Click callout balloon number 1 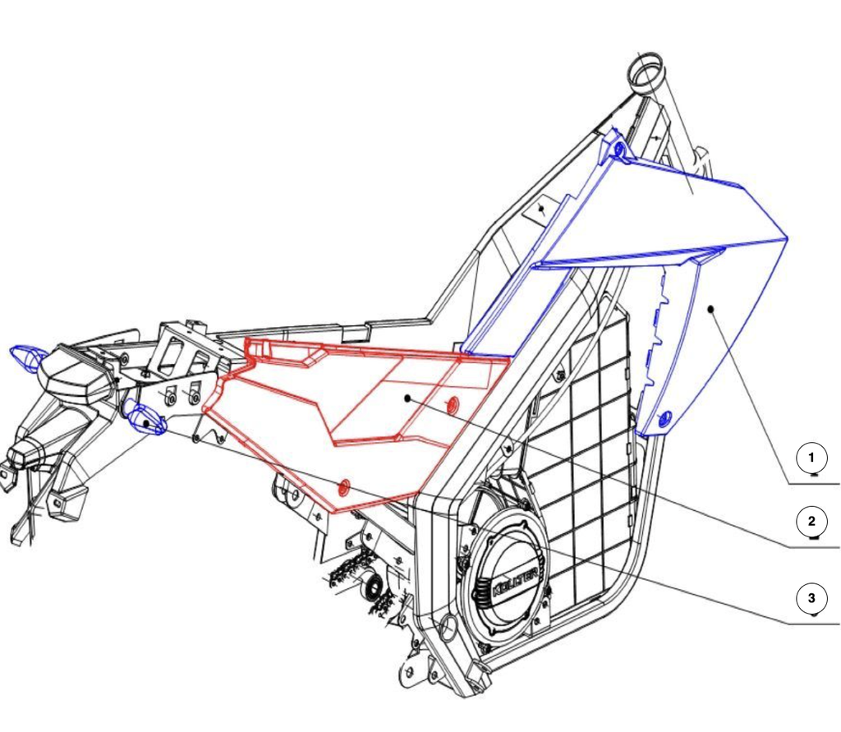[x=811, y=458]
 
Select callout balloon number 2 [x=811, y=521]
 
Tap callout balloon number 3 [x=811, y=598]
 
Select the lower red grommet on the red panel [x=344, y=486]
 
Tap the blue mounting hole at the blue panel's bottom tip [x=664, y=418]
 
